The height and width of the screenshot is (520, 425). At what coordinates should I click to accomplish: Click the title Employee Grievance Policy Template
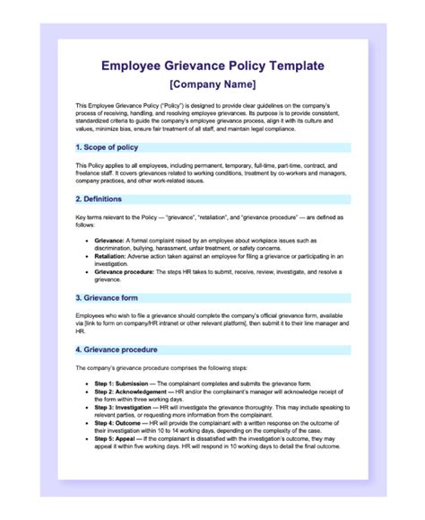212,66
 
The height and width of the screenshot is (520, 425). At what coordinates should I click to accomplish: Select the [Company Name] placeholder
212,84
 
